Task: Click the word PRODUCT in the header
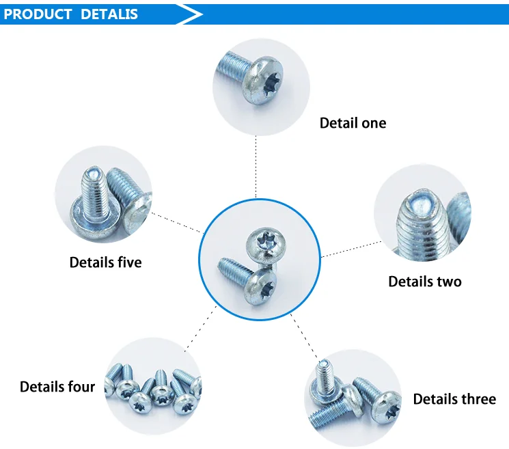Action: click(38, 14)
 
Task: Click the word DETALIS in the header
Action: click(109, 14)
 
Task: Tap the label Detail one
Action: click(353, 123)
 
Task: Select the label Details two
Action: click(424, 282)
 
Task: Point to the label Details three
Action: click(454, 399)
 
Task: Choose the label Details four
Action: click(57, 387)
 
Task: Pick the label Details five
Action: click(105, 262)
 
